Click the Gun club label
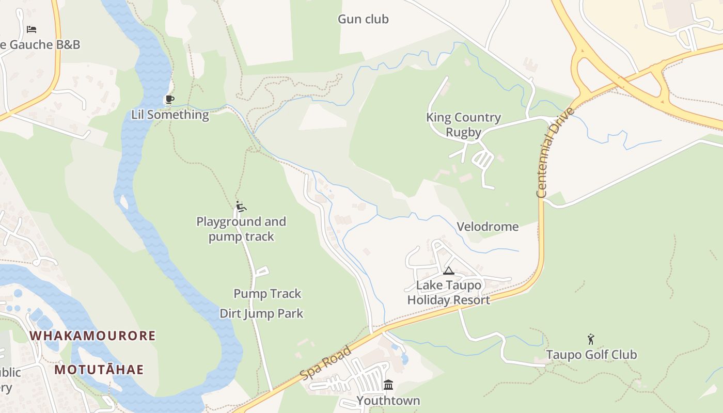[x=363, y=19]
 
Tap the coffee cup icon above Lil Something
[x=169, y=99]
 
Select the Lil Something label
[x=170, y=115]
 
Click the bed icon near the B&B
[x=32, y=29]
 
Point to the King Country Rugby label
[x=463, y=125]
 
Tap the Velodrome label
[x=488, y=227]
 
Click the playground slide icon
[x=241, y=206]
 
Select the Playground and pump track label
[x=241, y=229]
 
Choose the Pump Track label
[x=267, y=294]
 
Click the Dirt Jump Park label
[x=261, y=313]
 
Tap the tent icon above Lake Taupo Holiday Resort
[x=449, y=271]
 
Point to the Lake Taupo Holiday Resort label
[x=449, y=293]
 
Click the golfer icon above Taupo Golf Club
[x=591, y=339]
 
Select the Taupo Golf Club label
[x=591, y=355]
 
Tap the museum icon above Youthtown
[x=388, y=385]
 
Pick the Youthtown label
[x=388, y=401]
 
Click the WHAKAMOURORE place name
[x=92, y=336]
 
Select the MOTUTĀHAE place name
[x=99, y=370]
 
